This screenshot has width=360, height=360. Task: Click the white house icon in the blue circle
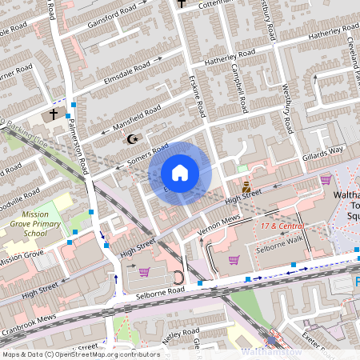[x=180, y=173]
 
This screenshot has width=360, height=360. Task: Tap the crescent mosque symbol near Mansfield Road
[x=134, y=139]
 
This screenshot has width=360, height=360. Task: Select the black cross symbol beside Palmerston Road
[x=54, y=114]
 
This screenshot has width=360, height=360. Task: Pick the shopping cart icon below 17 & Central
[x=234, y=259]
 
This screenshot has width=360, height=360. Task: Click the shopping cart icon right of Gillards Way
[x=326, y=180]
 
